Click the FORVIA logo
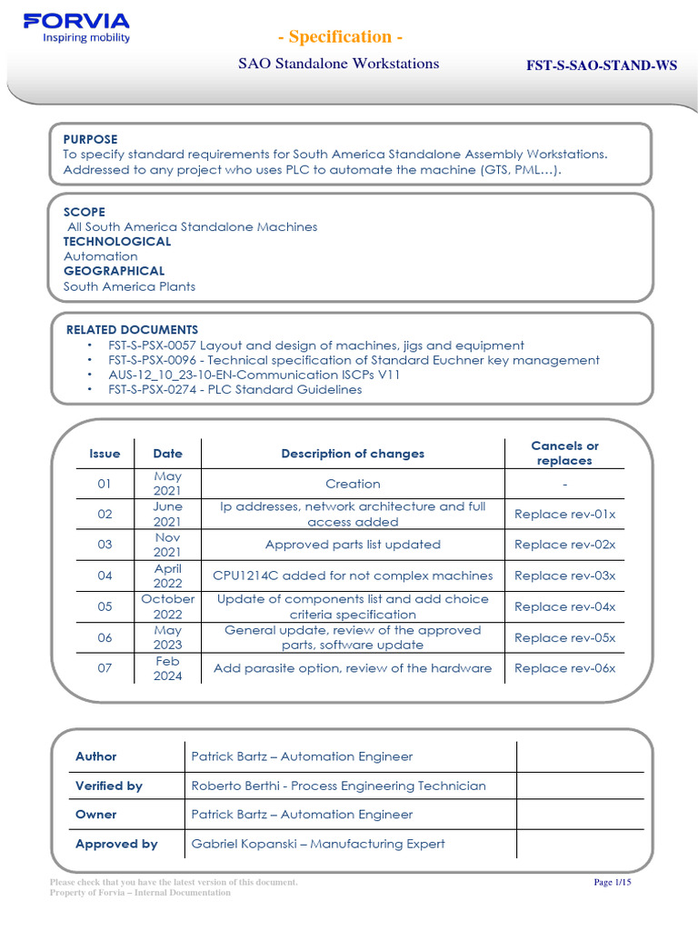(x=76, y=27)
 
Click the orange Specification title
(x=340, y=36)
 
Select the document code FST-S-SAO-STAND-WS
(x=602, y=65)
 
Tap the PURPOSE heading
(x=90, y=139)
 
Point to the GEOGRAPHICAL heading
(x=114, y=271)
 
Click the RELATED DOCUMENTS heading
(x=132, y=329)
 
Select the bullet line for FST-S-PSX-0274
(x=234, y=389)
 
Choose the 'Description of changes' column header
(x=353, y=454)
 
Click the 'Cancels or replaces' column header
(x=564, y=453)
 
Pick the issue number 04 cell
(x=105, y=576)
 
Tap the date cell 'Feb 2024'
(x=167, y=668)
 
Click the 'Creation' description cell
(x=353, y=484)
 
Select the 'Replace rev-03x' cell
(x=564, y=576)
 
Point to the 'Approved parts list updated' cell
(x=353, y=545)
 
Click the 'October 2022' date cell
(x=167, y=606)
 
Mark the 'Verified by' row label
(x=109, y=786)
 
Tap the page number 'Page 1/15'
(x=612, y=883)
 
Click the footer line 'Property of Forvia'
(x=140, y=893)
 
